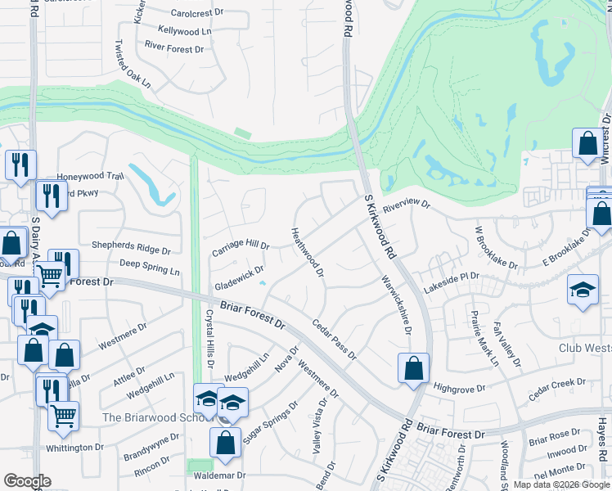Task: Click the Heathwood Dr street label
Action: click(x=308, y=252)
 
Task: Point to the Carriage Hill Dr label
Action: click(x=241, y=245)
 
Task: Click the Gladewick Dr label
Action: click(x=239, y=278)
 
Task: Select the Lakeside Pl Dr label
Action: click(x=451, y=283)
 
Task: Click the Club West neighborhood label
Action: click(x=585, y=348)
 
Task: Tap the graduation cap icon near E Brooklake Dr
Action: click(x=583, y=291)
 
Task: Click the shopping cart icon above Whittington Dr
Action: click(x=63, y=415)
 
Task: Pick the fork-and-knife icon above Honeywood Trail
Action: click(x=20, y=164)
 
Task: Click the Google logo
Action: click(x=27, y=481)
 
